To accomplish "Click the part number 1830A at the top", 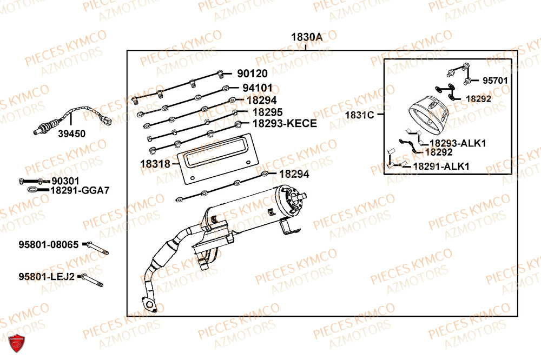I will click(x=307, y=37).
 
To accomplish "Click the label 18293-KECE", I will click(x=284, y=124).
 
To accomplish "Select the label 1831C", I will click(x=359, y=115).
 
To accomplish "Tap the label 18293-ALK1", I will click(x=458, y=143).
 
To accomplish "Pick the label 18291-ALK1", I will click(x=441, y=166).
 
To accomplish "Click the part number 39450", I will click(x=71, y=135).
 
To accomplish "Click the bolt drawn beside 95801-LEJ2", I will click(x=93, y=280).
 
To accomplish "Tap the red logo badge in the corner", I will click(x=18, y=343).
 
